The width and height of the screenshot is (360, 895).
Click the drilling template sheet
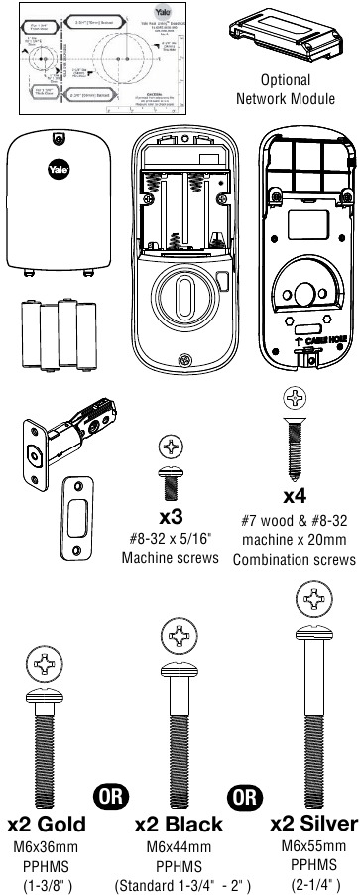(x=92, y=60)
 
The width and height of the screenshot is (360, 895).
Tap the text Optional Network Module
(x=286, y=89)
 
